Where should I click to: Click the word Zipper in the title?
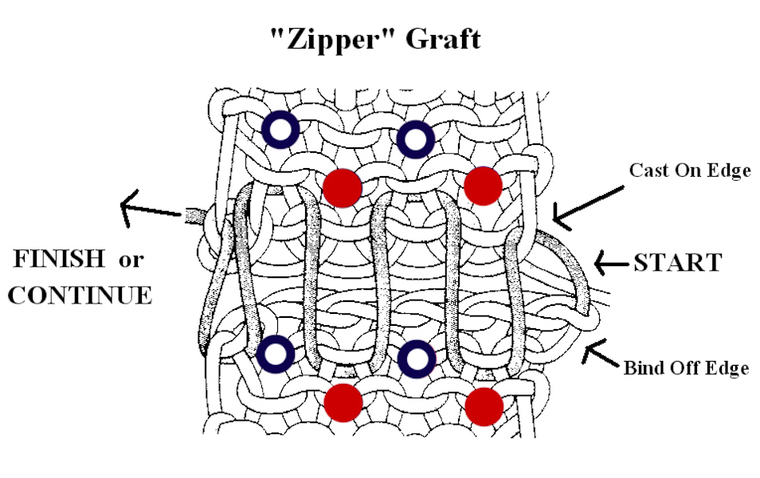click(333, 38)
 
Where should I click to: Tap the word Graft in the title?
click(443, 38)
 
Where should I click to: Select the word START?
click(678, 263)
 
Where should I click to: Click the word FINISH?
click(59, 258)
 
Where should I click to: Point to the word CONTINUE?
click(80, 296)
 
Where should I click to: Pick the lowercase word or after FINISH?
click(131, 261)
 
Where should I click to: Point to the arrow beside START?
click(612, 263)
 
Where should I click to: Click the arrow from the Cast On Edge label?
click(588, 207)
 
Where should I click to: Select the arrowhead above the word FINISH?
click(127, 207)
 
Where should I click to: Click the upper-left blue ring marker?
click(280, 130)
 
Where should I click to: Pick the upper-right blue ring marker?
click(415, 139)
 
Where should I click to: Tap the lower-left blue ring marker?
click(275, 354)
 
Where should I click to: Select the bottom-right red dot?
click(484, 406)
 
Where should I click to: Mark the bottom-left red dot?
click(343, 403)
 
